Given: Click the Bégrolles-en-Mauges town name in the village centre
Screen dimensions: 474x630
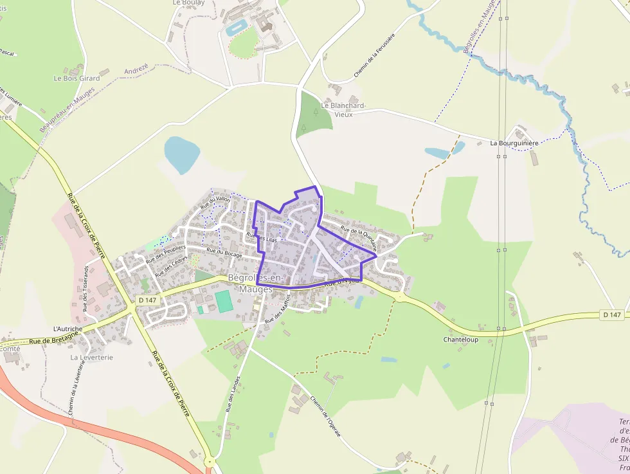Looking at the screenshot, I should pos(256,283).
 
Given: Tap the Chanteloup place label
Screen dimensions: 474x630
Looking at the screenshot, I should pos(461,339).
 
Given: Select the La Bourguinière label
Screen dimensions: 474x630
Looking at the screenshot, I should pos(514,143).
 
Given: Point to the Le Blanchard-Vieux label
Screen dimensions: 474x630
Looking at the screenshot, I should pos(344,109).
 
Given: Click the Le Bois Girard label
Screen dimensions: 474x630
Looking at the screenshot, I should pos(76,78).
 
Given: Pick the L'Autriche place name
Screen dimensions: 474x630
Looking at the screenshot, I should pos(67,329).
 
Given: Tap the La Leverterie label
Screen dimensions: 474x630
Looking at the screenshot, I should pos(92,357).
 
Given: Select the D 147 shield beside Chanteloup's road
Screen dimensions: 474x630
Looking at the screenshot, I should pos(613,314).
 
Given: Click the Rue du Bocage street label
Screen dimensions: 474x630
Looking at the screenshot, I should pos(224,253).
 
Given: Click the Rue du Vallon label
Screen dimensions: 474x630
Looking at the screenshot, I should pos(215,203).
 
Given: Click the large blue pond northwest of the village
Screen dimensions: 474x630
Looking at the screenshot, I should pos(182,154).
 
